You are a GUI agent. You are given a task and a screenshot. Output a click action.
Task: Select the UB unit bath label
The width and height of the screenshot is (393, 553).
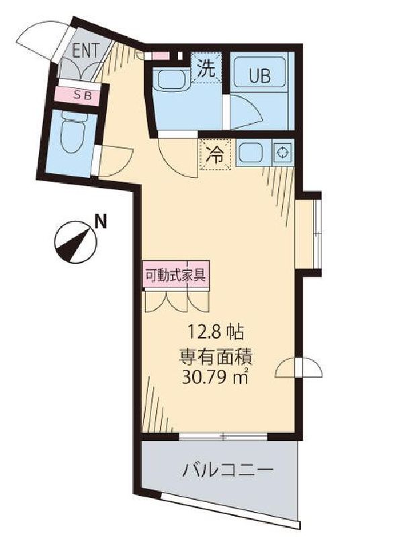tap(261, 76)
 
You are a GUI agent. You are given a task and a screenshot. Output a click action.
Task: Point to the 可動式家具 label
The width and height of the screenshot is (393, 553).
tap(177, 274)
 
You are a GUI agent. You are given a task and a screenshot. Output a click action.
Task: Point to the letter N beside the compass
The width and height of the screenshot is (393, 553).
tap(100, 219)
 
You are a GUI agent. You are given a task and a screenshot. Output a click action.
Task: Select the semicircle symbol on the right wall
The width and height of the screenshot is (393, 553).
tap(300, 370)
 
